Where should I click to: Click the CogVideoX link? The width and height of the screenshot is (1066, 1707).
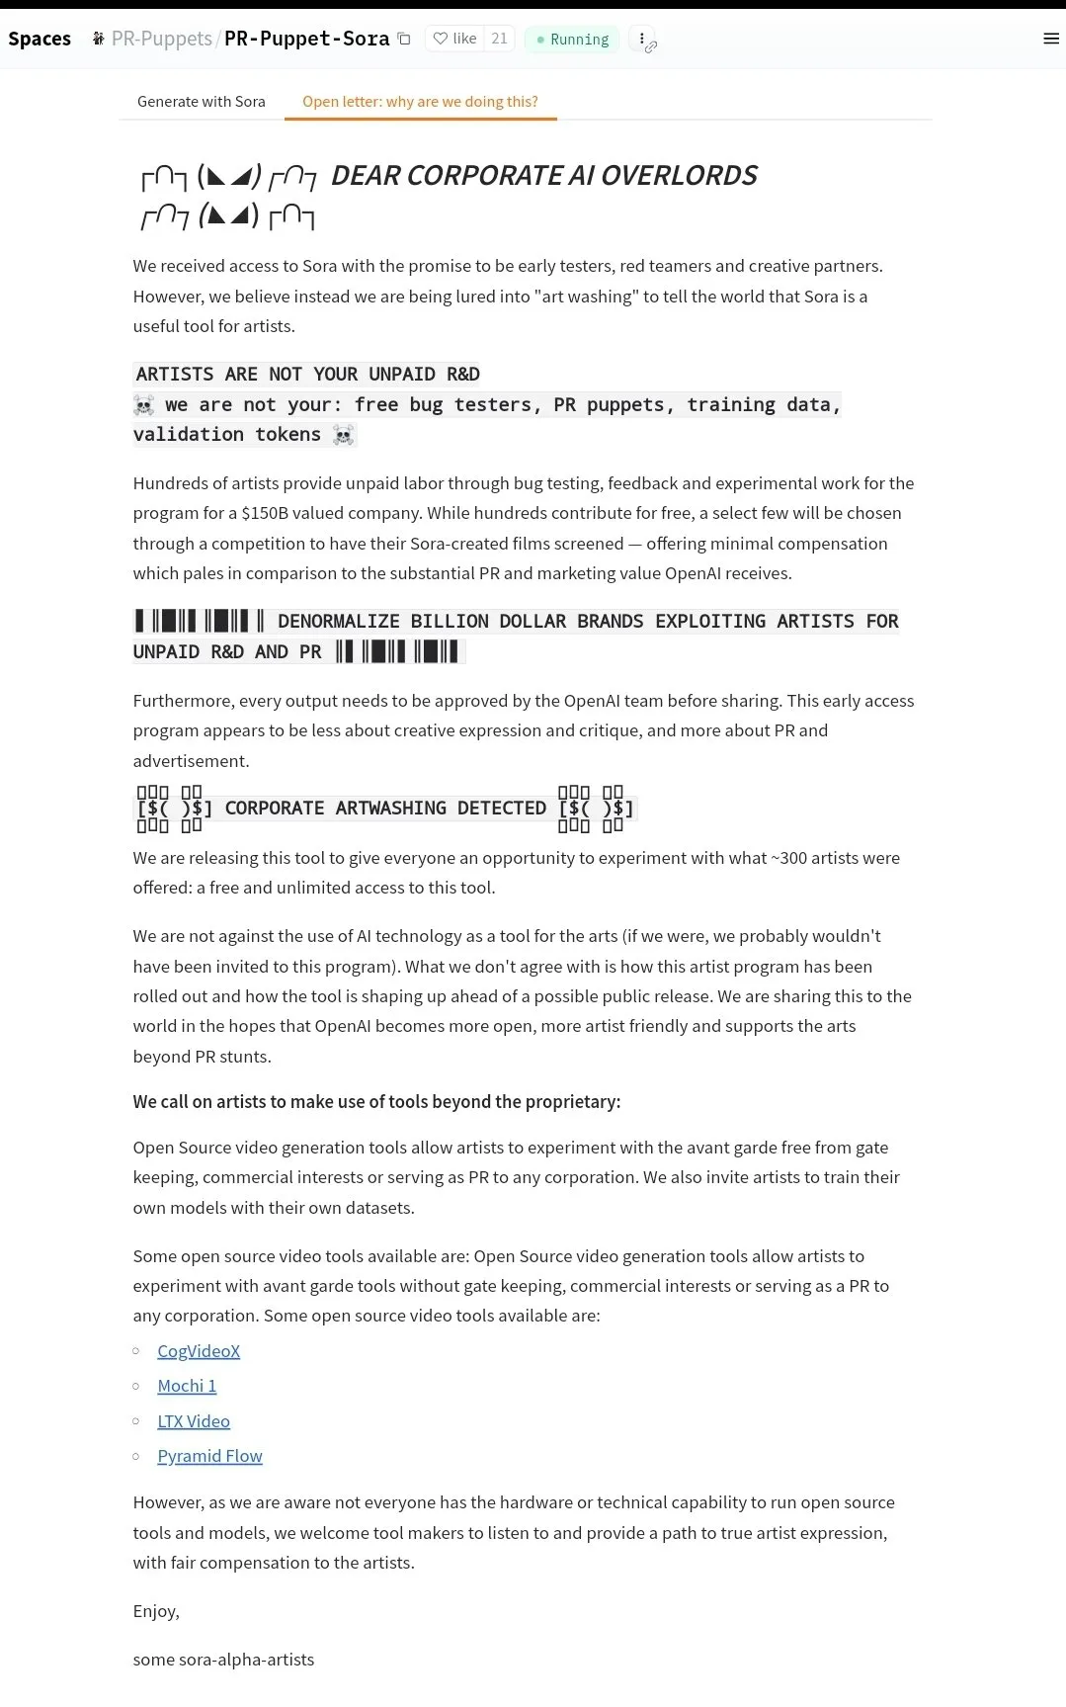199,1351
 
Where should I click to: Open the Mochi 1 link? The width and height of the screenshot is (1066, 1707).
187,1386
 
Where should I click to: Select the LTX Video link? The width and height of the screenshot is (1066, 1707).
194,1421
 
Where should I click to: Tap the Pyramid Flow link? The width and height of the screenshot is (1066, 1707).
209,1456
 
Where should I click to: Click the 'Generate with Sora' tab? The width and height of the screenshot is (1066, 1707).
202,102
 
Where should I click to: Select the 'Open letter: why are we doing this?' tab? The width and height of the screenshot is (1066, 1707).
420,102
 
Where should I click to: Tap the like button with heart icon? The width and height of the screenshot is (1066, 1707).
454,39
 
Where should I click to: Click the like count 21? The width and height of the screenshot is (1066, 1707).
499,39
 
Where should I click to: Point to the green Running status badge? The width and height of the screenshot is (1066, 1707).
572,40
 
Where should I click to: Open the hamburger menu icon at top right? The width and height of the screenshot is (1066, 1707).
1051,39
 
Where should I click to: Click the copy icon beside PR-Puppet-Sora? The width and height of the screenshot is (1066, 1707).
404,39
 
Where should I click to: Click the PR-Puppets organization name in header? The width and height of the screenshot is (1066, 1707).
161,39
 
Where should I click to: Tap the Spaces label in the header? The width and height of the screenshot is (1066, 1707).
40,39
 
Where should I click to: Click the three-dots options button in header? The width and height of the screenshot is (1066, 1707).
642,39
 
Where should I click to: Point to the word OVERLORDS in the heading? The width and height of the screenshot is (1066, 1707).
679,176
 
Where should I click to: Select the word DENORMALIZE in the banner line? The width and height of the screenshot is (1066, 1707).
339,622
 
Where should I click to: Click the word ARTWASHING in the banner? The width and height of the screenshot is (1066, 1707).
390,809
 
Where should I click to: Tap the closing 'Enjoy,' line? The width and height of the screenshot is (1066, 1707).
156,1611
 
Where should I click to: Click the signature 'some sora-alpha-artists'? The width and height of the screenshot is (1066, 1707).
223,1660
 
